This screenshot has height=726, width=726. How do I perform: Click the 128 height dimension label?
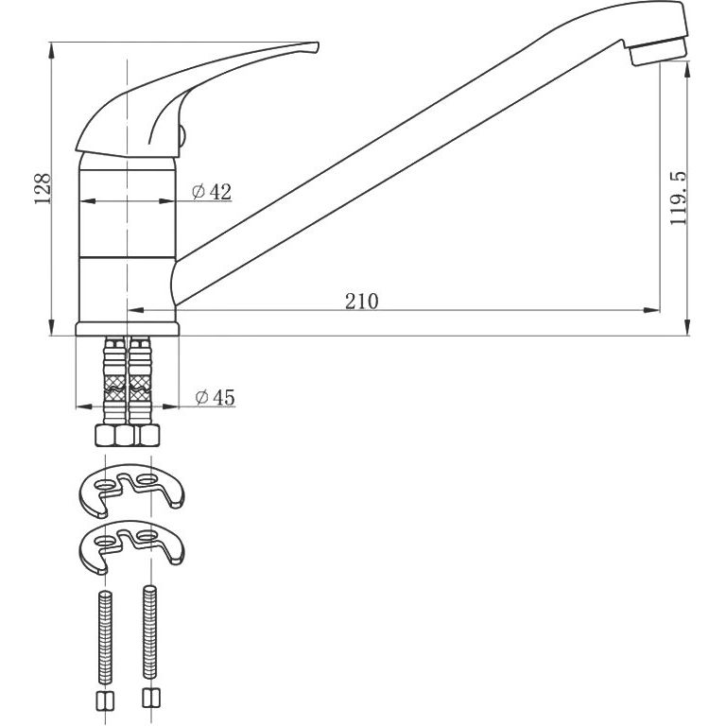(x=43, y=189)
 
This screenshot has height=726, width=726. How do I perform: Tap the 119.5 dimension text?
(x=679, y=199)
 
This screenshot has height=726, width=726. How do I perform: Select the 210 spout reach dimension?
(x=362, y=302)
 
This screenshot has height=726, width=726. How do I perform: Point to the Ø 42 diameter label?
(x=212, y=191)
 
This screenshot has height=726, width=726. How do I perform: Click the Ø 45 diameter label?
(x=216, y=397)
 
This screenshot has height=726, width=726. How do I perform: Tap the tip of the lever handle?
(x=318, y=44)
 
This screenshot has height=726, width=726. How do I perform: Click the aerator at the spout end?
(x=658, y=52)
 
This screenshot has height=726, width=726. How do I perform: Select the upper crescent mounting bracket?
(x=131, y=490)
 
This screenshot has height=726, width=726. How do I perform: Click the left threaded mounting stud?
(x=105, y=636)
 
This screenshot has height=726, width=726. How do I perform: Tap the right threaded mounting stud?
(x=149, y=632)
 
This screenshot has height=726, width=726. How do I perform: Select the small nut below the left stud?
(x=105, y=701)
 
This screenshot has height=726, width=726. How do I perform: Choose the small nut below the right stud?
(x=151, y=698)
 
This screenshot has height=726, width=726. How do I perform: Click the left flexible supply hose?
(x=114, y=381)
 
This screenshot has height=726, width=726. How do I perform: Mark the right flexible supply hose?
(x=139, y=381)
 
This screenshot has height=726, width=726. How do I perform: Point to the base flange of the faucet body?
(x=128, y=329)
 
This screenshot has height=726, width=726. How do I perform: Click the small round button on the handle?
(x=181, y=136)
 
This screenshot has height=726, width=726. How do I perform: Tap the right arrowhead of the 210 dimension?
(x=653, y=310)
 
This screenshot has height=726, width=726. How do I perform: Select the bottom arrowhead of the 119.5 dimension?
(x=687, y=327)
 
